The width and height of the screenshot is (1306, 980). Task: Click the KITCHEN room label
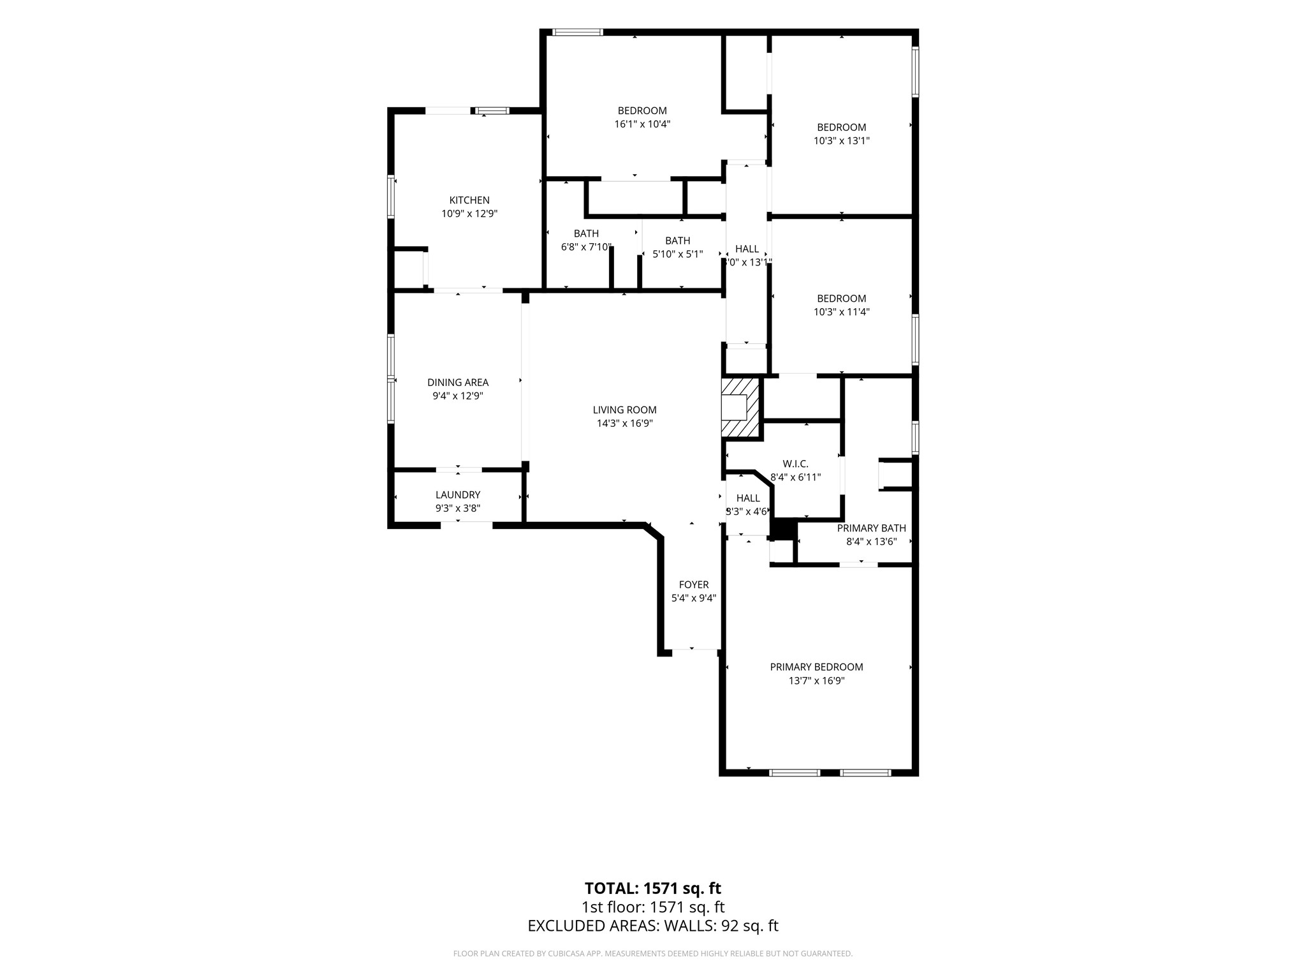(x=469, y=200)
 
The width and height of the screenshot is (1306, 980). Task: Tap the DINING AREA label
(x=458, y=382)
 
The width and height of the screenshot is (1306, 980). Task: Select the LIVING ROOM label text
(x=624, y=410)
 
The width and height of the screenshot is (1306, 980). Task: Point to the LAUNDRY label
(x=458, y=494)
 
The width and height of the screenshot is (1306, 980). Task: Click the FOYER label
(x=694, y=584)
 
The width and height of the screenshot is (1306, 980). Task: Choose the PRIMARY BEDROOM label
(x=816, y=667)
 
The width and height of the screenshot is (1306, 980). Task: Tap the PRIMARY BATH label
(x=871, y=528)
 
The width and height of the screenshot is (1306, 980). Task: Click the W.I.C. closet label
(x=795, y=464)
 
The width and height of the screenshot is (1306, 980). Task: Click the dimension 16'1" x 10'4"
(x=642, y=124)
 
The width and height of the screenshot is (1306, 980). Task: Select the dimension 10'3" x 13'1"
(x=841, y=141)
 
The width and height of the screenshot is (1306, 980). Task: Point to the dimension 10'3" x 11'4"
(x=841, y=312)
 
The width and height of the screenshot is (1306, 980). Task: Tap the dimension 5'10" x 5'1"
(x=677, y=254)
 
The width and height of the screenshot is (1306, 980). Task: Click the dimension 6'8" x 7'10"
(x=586, y=247)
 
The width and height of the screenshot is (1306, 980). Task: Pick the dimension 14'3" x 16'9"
(x=624, y=423)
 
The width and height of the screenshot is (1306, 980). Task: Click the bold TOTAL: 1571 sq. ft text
(x=653, y=888)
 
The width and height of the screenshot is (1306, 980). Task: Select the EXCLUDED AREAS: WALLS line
(x=653, y=926)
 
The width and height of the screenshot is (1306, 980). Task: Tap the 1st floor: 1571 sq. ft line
(x=653, y=907)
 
